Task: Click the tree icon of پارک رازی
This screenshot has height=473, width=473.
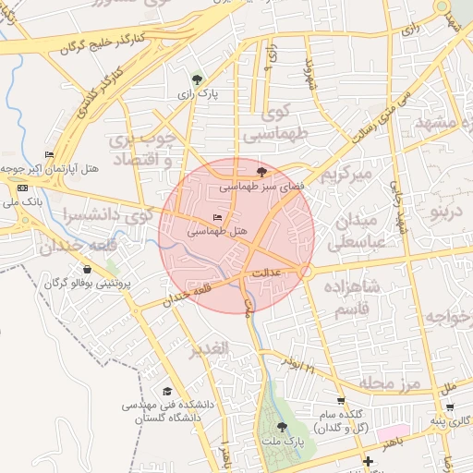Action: [x=196, y=79]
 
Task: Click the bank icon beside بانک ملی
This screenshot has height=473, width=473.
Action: [x=23, y=188]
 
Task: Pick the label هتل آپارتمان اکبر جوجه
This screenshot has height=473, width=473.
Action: [x=49, y=169]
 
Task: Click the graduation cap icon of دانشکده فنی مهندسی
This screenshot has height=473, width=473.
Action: [x=167, y=392]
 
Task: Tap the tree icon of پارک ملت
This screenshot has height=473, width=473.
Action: [x=282, y=427]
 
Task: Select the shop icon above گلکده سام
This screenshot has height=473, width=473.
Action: [x=341, y=401]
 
